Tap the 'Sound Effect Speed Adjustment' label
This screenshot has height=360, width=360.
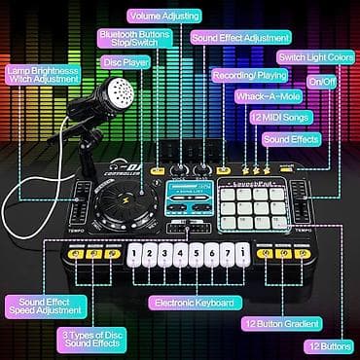[x=44, y=306]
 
